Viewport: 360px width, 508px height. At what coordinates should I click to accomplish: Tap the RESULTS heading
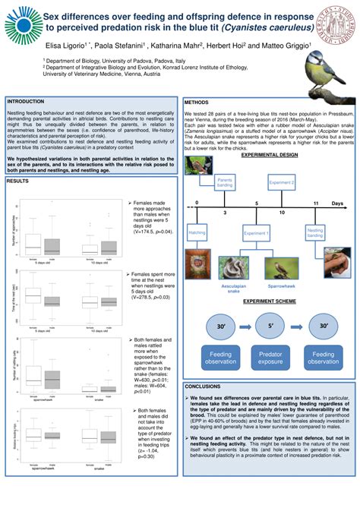pos(17,181)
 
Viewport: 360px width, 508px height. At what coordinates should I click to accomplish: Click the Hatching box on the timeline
pos(197,232)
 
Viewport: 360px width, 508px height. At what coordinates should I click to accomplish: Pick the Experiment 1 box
pos(256,234)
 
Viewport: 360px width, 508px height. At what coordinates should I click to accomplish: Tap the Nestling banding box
pos(315,232)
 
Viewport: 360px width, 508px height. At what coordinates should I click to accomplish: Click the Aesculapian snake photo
pos(234,268)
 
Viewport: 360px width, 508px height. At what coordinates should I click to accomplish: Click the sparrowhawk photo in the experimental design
pos(280,268)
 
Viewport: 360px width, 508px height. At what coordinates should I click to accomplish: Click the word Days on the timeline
pos(338,204)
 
